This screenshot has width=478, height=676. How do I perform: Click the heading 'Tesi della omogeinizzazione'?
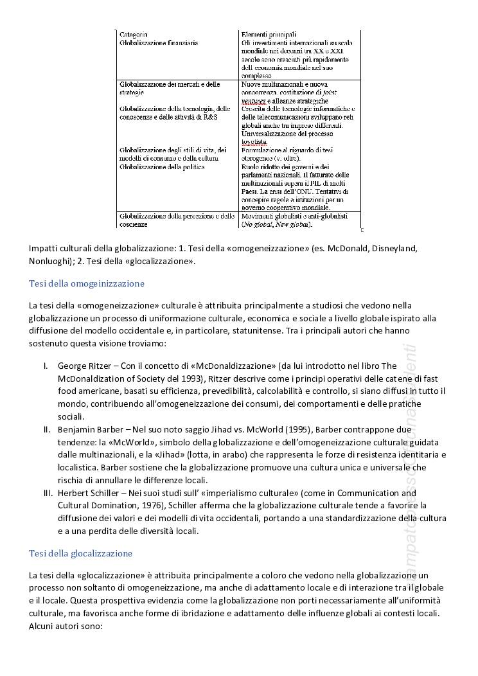[87, 283]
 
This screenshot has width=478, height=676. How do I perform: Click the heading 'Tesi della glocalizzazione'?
[81, 553]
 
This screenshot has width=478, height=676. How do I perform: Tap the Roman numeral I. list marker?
[46, 366]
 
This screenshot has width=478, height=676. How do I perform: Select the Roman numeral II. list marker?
[47, 429]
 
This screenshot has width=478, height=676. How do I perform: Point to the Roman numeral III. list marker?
[48, 493]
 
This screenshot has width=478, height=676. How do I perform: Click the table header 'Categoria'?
[134, 34]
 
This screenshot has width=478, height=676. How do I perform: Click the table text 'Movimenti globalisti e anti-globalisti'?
[294, 217]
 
